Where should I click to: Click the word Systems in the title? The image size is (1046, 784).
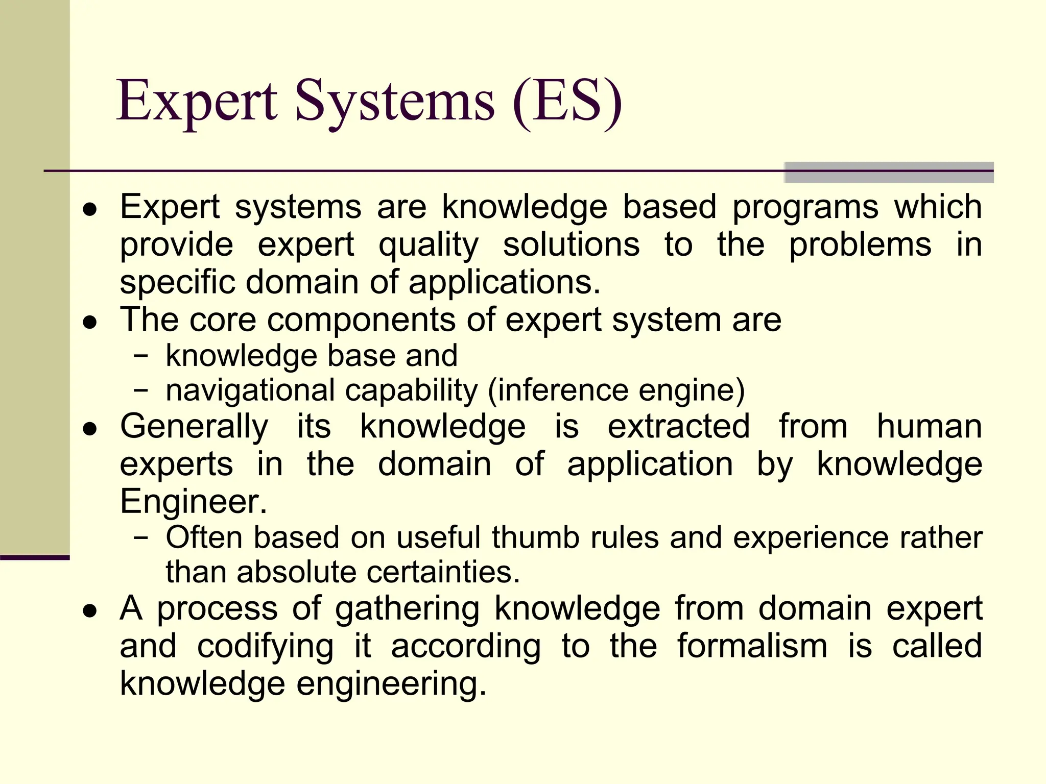(394, 102)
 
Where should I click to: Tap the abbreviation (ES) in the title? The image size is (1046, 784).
(567, 102)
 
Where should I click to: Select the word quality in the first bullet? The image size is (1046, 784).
(428, 245)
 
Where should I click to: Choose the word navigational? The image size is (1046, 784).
(250, 391)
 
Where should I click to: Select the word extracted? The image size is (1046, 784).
(679, 426)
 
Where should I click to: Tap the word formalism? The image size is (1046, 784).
(752, 646)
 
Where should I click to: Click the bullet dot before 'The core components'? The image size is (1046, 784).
(90, 323)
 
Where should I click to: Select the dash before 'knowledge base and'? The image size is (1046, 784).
(140, 356)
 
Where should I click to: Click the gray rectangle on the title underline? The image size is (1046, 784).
(889, 172)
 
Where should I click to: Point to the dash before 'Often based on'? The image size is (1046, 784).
(140, 537)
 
